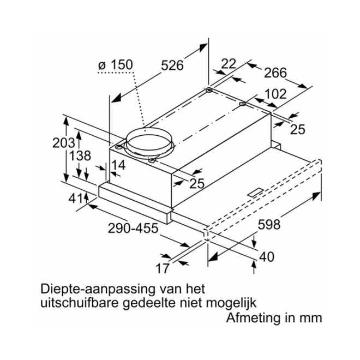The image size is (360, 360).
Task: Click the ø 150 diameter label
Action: click(x=115, y=65)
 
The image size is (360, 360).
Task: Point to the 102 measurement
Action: click(x=275, y=94)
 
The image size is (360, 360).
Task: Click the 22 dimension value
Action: click(x=229, y=64)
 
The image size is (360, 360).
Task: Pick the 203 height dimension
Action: click(x=64, y=143)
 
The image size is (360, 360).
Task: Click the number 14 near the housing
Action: click(x=118, y=165)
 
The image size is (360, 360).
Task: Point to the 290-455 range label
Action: click(x=131, y=229)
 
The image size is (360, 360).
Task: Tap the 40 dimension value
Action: click(x=267, y=256)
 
